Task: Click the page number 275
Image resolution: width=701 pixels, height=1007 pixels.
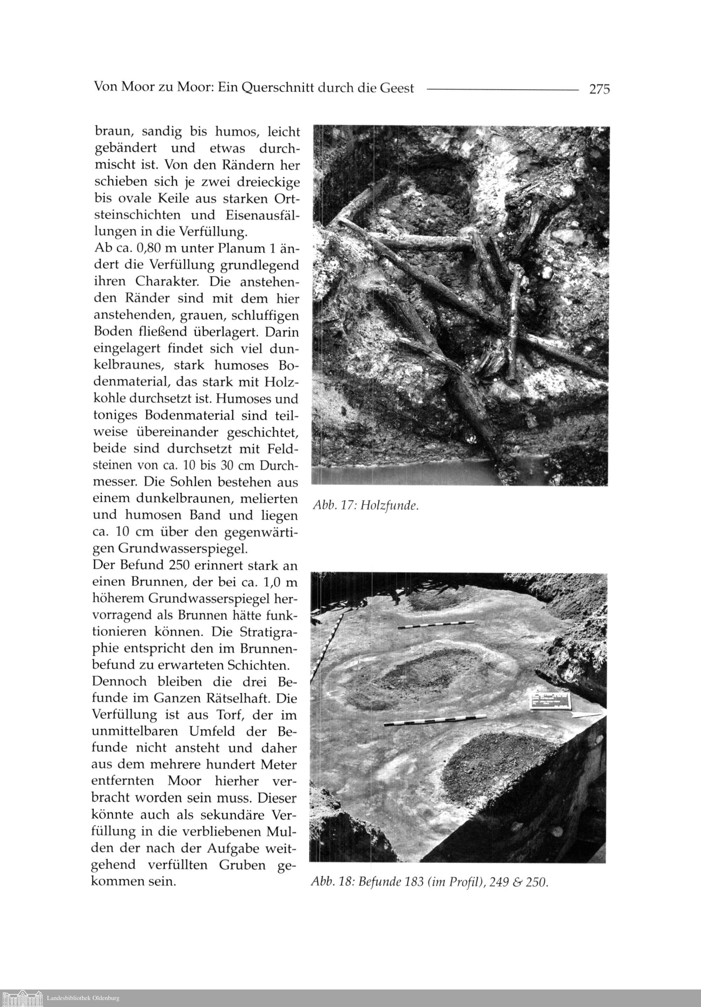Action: [599, 89]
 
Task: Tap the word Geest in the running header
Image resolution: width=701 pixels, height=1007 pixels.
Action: [396, 89]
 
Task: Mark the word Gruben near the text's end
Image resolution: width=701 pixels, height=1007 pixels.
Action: [232, 865]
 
